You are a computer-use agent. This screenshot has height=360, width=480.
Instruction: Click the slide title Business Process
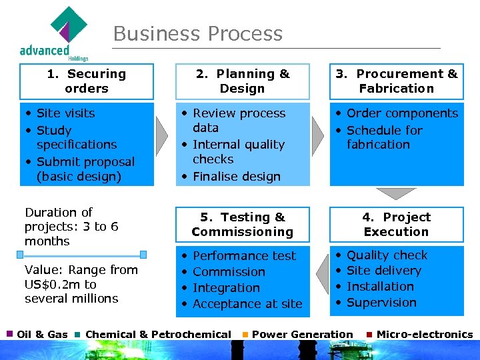click(x=198, y=34)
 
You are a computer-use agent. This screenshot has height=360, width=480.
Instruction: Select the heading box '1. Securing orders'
click(x=87, y=81)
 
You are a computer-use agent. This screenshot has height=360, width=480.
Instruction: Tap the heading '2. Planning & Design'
click(x=243, y=81)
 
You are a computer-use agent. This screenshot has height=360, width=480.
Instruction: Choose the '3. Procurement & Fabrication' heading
click(x=397, y=81)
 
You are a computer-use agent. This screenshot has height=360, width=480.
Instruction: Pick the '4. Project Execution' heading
click(x=396, y=225)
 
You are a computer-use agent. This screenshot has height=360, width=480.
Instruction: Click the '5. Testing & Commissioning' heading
click(x=243, y=225)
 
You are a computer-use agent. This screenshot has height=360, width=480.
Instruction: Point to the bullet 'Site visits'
click(x=65, y=113)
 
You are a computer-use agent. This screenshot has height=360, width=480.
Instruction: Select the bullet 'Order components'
click(x=402, y=113)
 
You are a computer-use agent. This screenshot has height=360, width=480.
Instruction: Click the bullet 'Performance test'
click(x=244, y=256)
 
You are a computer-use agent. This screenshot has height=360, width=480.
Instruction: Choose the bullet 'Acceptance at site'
click(x=247, y=304)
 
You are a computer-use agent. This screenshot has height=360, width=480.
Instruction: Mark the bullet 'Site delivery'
click(x=384, y=271)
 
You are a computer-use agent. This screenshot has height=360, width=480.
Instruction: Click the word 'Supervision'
click(x=381, y=303)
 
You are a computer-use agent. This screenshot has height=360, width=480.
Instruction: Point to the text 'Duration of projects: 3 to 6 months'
click(x=71, y=227)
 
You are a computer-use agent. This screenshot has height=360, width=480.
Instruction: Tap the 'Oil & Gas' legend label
click(x=42, y=335)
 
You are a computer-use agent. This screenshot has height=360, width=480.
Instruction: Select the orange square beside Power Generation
click(x=245, y=335)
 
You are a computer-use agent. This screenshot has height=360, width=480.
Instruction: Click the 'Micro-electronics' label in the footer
click(x=424, y=335)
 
